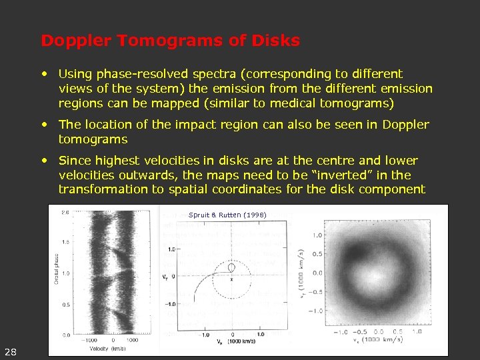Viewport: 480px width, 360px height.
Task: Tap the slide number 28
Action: point(11,351)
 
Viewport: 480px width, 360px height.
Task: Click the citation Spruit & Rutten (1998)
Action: point(227,215)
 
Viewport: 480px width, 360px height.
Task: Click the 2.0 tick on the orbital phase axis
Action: point(65,212)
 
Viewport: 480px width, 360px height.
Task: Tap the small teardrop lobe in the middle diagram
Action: point(231,267)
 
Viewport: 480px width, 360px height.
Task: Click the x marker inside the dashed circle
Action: point(231,279)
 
